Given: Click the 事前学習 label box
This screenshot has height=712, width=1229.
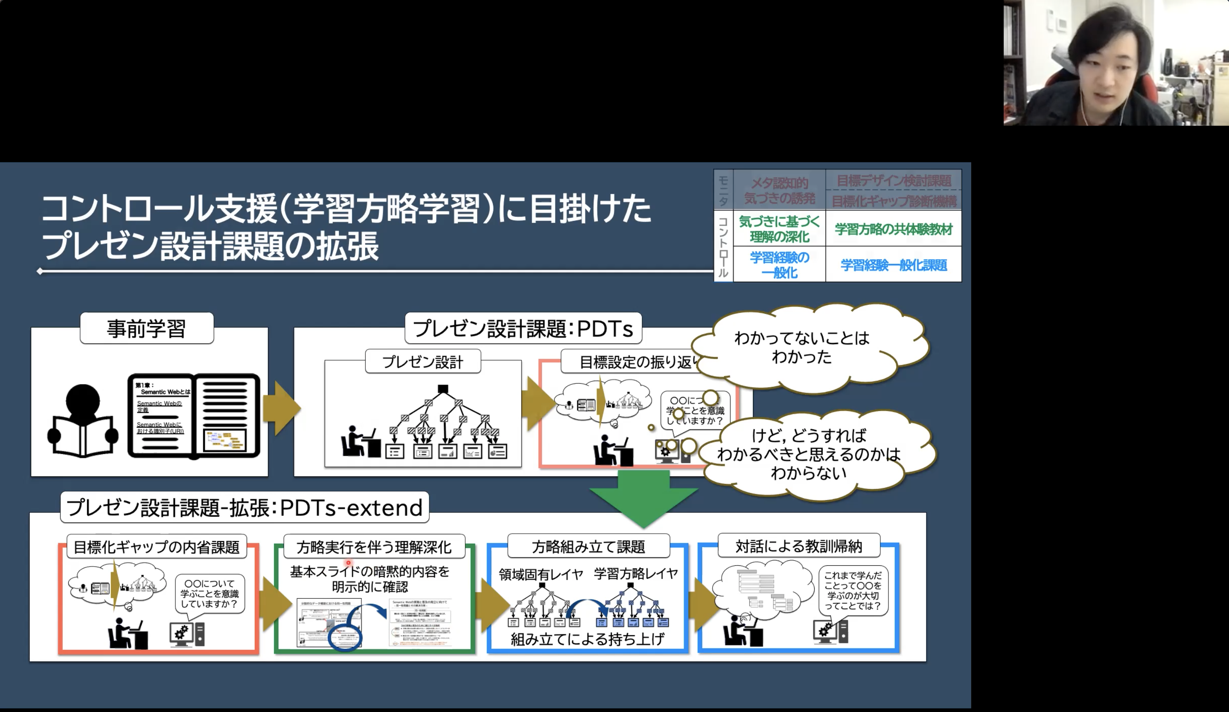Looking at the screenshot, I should [146, 328].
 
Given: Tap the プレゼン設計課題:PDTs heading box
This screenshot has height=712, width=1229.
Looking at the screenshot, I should [523, 328].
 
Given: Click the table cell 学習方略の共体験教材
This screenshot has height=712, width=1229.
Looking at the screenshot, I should [893, 229].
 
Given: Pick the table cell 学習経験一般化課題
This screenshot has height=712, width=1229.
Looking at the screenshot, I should [893, 265].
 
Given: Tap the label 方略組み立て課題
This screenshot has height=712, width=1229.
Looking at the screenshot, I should [588, 547].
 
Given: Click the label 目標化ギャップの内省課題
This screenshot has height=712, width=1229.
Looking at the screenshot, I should [156, 547].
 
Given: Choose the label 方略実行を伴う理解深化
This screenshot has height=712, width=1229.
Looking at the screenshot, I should [373, 547].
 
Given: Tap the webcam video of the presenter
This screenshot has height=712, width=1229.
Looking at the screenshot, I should [1116, 63].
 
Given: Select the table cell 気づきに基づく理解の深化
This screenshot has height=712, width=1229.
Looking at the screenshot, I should [779, 229].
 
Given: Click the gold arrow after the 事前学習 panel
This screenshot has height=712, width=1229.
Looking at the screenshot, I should [281, 408].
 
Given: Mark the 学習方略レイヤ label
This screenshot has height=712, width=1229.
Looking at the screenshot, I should [635, 573].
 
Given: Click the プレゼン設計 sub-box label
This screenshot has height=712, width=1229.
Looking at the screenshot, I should [422, 362].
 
